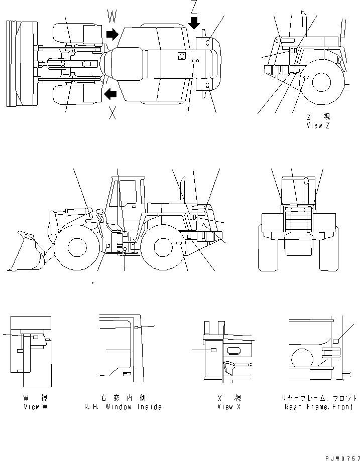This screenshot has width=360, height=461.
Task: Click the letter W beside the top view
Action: [112, 18]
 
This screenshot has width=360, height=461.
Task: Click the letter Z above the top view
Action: [194, 7]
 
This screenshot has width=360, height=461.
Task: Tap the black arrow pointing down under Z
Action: [194, 23]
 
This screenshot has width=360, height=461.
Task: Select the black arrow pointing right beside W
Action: [112, 34]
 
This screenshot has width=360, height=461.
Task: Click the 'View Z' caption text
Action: [318, 125]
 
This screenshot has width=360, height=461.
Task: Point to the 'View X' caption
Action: [229, 407]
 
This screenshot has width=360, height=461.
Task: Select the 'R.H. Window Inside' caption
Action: [123, 407]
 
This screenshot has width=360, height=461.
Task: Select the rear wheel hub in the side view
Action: [164, 246]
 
